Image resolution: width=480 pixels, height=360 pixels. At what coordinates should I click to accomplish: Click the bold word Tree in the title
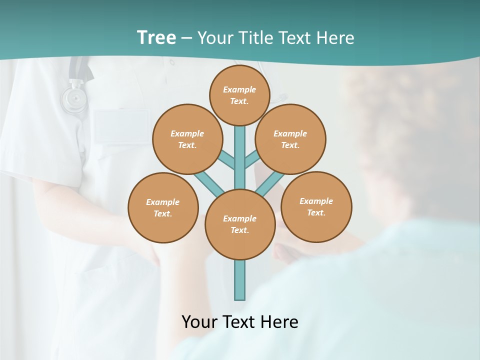(x=156, y=38)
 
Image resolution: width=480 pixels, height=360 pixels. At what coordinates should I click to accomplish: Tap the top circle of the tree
(x=240, y=95)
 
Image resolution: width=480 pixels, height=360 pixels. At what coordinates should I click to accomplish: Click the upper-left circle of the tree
(x=187, y=139)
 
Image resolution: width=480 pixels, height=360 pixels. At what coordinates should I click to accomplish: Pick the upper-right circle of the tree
(x=290, y=139)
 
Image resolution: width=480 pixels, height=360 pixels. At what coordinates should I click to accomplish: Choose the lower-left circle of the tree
(x=163, y=207)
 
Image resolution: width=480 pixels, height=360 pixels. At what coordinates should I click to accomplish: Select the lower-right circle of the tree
(x=316, y=206)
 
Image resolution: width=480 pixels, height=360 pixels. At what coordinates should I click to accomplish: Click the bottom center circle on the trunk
(x=240, y=224)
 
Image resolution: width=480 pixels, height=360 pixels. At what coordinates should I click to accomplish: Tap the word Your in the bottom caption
(x=199, y=321)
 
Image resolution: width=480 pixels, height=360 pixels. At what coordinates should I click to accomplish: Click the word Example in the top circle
(x=239, y=89)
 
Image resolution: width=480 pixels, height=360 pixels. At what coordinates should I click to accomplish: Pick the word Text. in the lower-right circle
(x=316, y=212)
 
